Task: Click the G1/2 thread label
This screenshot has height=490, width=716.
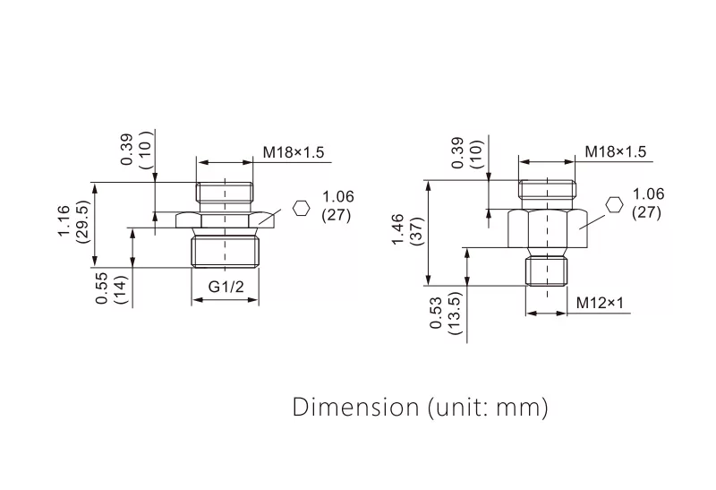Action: [x=226, y=288]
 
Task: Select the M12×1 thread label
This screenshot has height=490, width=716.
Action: [x=599, y=303]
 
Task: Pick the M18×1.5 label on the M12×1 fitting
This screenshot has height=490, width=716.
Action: [x=615, y=152]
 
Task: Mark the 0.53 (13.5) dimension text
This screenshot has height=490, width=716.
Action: [x=445, y=313]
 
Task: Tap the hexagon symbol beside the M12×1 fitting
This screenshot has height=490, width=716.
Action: [x=614, y=204]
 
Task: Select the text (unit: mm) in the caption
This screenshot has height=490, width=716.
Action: [x=483, y=408]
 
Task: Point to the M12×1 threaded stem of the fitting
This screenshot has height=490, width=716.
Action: [x=547, y=269]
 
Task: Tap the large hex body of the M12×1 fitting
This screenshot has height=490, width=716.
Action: [x=547, y=230]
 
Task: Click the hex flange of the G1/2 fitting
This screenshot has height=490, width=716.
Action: [x=226, y=219]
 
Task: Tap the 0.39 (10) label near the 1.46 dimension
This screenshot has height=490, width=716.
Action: [x=466, y=152]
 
